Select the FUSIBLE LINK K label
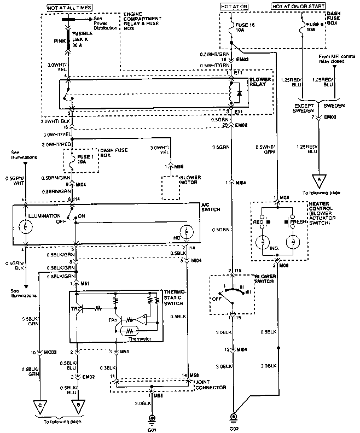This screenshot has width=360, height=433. (84, 38)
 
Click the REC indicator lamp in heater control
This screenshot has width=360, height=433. (263, 241)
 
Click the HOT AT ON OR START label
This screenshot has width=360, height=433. (298, 6)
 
